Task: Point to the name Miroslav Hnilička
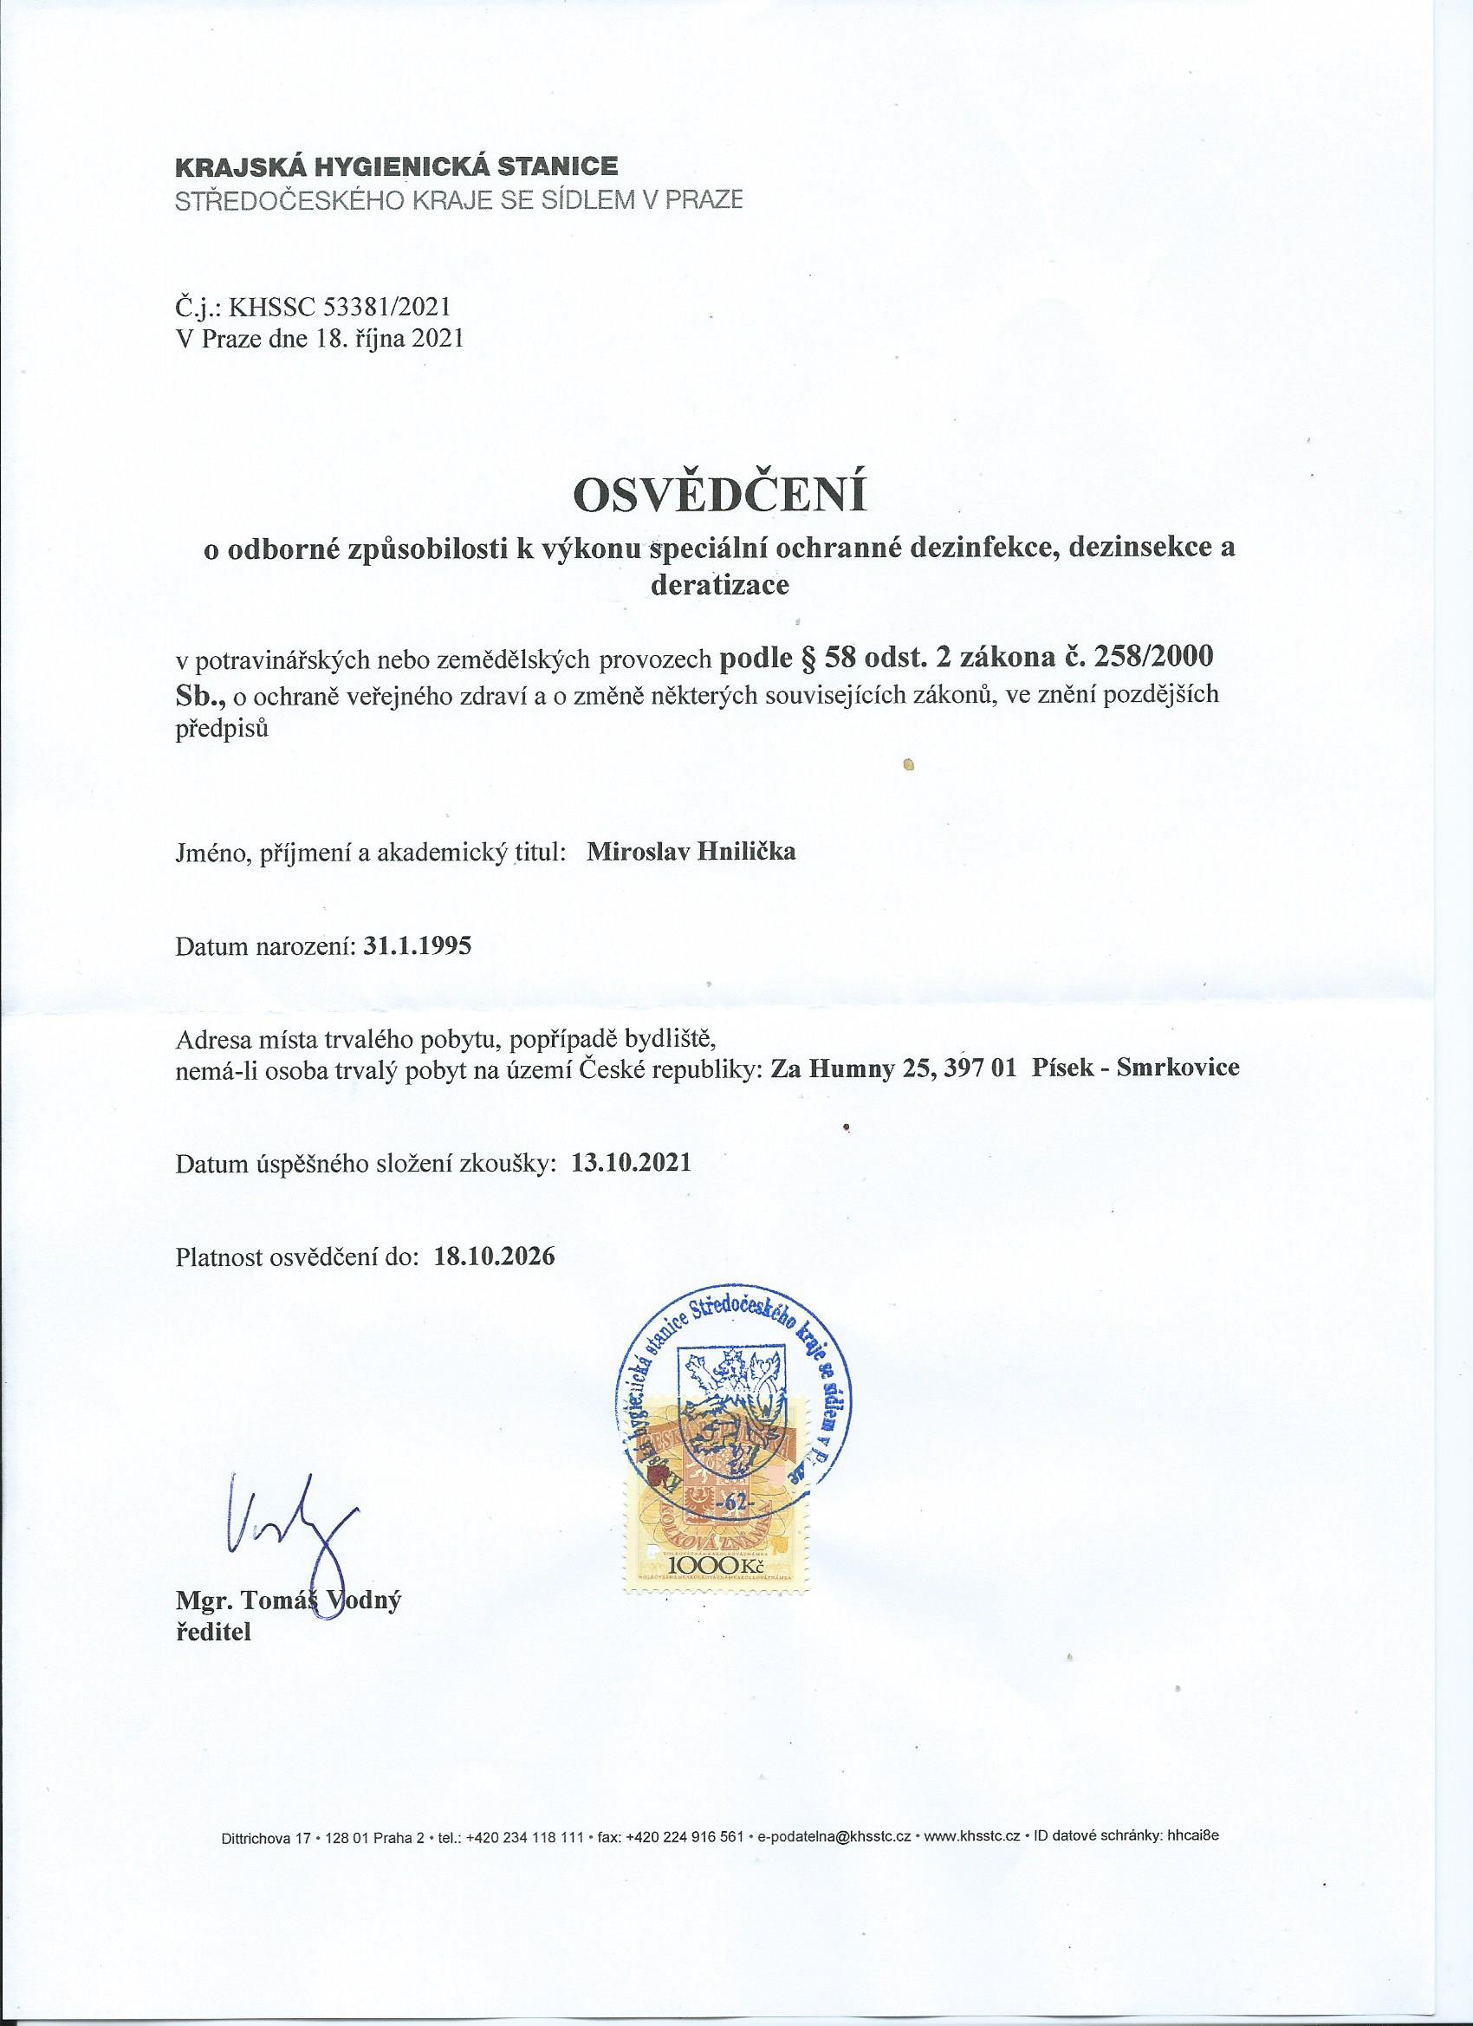point(691,850)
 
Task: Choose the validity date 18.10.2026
point(494,1256)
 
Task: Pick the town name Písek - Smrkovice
point(1134,1068)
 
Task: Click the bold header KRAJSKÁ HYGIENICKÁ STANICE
point(397,166)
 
